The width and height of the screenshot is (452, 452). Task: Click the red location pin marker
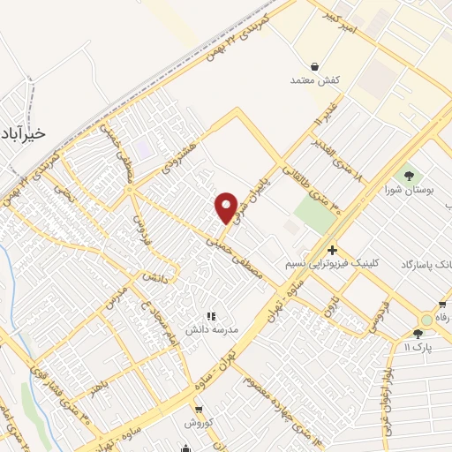[x=227, y=207]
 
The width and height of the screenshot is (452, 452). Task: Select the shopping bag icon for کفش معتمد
[x=315, y=65]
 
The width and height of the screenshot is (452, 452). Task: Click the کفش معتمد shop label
[x=315, y=80]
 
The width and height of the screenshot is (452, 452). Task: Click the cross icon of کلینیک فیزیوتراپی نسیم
[x=332, y=250]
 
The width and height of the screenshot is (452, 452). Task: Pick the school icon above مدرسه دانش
[x=210, y=315]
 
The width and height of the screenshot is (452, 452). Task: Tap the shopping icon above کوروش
[x=199, y=411]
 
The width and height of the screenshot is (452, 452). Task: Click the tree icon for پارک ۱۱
[x=418, y=334]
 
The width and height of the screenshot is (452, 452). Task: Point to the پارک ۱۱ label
[x=418, y=348]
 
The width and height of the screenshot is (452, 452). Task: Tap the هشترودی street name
[x=181, y=152]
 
